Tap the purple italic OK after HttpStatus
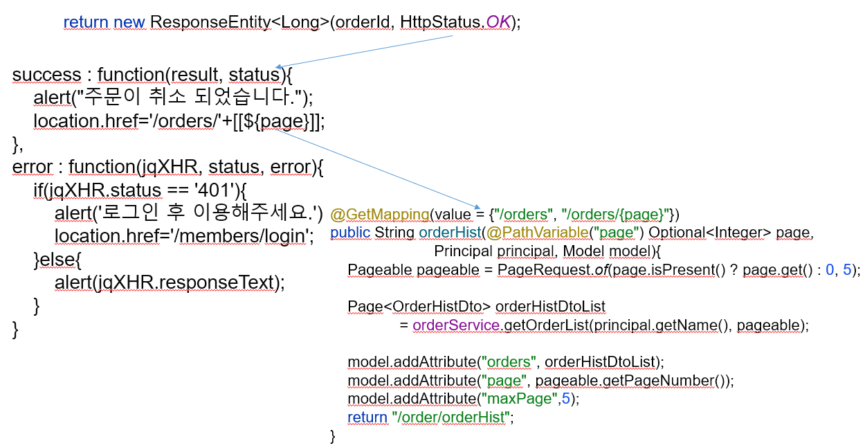coord(498,22)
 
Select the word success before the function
coord(46,75)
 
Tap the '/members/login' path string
coord(240,236)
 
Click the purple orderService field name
coord(455,325)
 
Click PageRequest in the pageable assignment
coord(536,270)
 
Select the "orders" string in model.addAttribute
coord(512,362)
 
